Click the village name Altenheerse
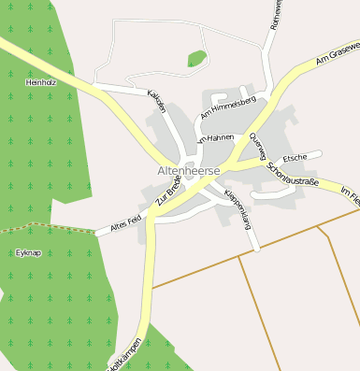point(190,172)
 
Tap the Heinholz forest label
point(41,83)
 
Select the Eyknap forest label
point(29,252)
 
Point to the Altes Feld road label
point(125,221)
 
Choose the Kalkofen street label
point(155,100)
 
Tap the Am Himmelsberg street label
point(228,108)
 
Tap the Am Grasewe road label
point(337,52)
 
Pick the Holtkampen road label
point(127,355)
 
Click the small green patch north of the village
point(196,60)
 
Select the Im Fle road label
point(350,193)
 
